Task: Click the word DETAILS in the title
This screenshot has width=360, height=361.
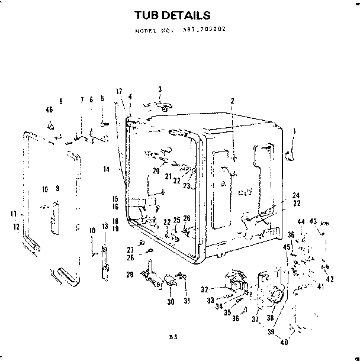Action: point(188,14)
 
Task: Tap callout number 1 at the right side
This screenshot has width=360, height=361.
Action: point(294,131)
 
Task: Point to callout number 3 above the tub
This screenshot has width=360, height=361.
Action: point(160,89)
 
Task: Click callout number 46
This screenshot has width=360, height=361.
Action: point(49,109)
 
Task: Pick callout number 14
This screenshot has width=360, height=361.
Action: point(107,169)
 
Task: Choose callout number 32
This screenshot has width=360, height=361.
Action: point(204,289)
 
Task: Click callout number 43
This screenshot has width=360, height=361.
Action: point(314,221)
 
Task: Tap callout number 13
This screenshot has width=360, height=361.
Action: point(104,227)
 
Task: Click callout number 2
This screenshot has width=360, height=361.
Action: point(232,101)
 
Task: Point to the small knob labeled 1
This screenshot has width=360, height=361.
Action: point(289,155)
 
